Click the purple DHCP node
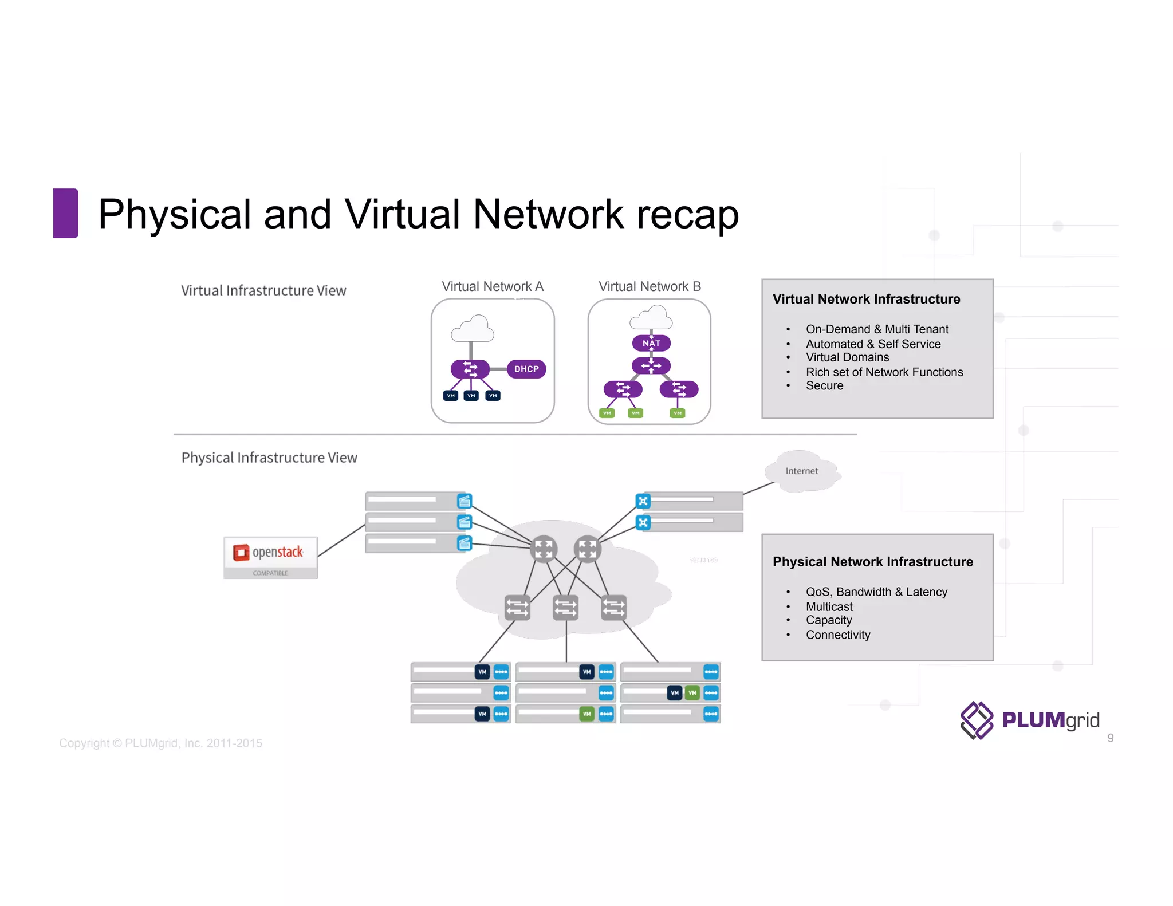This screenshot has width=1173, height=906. click(x=526, y=369)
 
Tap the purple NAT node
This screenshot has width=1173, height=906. click(x=651, y=343)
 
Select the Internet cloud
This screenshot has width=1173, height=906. click(x=802, y=471)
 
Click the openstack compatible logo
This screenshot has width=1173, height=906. click(x=270, y=557)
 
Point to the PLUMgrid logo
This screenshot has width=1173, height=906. click(x=1030, y=720)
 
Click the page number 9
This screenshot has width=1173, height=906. click(x=1110, y=738)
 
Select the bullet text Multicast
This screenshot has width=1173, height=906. click(x=829, y=606)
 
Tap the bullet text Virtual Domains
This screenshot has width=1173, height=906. click(x=847, y=357)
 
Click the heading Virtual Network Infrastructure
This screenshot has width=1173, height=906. click(x=866, y=299)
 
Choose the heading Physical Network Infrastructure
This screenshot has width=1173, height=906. click(x=872, y=562)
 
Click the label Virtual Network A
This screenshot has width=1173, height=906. click(x=492, y=286)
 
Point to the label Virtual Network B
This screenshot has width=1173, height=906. click(x=650, y=286)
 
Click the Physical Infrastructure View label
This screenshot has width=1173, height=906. click(x=269, y=458)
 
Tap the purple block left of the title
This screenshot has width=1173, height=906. click(x=65, y=213)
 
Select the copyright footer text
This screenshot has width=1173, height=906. click(x=160, y=743)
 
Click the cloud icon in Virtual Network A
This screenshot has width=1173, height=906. click(x=472, y=329)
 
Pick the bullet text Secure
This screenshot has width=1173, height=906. click(x=824, y=386)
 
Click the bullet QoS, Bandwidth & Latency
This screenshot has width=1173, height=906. click(x=876, y=592)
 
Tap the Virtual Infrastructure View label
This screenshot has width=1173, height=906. click(x=263, y=291)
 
